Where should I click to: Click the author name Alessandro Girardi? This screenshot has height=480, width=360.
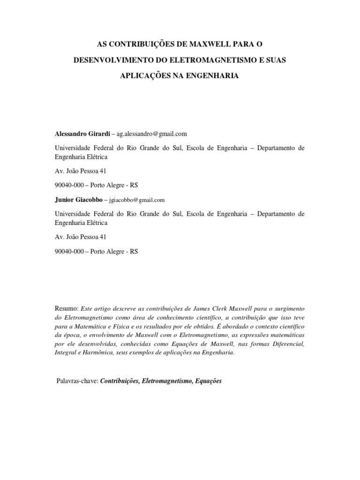(82, 134)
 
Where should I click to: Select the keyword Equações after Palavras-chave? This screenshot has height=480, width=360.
(205, 381)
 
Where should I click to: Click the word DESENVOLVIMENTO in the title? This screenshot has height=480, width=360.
(112, 61)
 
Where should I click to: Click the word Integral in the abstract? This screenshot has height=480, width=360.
(66, 353)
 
